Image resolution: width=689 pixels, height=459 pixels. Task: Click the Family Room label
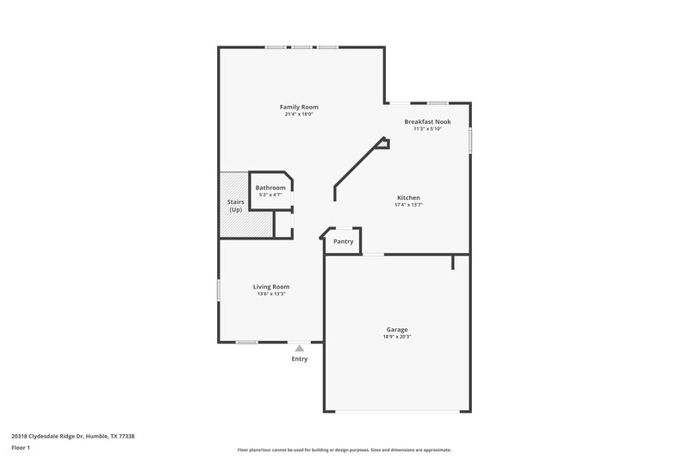tap(298, 107)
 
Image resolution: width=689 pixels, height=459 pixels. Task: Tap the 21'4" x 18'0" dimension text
tap(298, 115)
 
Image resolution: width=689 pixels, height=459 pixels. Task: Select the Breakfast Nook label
tap(427, 122)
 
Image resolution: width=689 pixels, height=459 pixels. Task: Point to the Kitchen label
tap(407, 198)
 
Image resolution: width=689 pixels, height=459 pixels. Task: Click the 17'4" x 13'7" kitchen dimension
tap(407, 206)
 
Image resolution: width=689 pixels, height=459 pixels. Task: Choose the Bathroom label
tap(270, 188)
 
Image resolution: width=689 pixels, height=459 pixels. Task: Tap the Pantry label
tap(343, 242)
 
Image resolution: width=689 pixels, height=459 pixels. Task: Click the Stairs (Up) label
tap(235, 206)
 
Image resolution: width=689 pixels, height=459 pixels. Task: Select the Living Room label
tap(270, 287)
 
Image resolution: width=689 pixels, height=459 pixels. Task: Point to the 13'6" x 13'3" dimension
tap(270, 295)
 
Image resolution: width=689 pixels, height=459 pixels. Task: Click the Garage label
tap(396, 329)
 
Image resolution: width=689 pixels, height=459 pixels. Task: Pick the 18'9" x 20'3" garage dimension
tap(396, 337)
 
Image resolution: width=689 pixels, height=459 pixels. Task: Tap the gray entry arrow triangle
tap(299, 348)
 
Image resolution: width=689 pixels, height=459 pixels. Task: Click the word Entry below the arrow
tap(299, 359)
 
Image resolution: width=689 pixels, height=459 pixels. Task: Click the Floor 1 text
tap(20, 448)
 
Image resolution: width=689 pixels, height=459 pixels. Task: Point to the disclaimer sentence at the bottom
tap(344, 450)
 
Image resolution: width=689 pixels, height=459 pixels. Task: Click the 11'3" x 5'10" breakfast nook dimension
tap(427, 130)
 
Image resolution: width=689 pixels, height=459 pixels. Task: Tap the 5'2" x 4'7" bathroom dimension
tap(270, 195)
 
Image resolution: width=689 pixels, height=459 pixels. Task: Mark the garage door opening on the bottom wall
tap(396, 411)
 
